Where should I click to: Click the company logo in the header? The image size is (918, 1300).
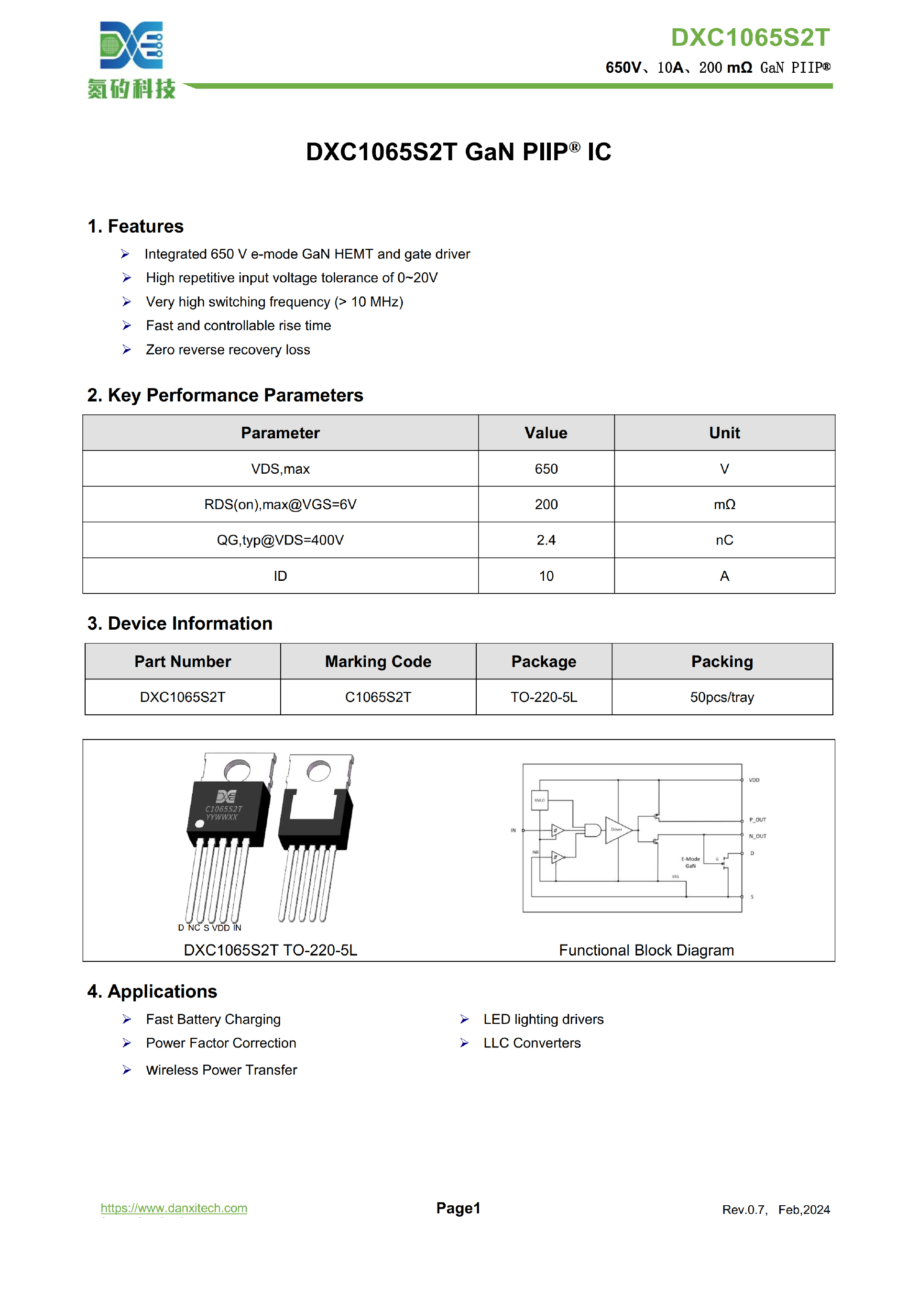coord(131,59)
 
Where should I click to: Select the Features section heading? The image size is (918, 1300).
coord(135,226)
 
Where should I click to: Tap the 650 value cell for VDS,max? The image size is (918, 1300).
coord(546,469)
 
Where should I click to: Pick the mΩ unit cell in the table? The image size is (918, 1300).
coord(724,504)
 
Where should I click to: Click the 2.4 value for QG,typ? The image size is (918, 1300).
coord(546,540)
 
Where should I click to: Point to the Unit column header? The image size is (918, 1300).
coord(724,433)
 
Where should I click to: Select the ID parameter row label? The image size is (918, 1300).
coord(280,577)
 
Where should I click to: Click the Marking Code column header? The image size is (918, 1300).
coord(378,661)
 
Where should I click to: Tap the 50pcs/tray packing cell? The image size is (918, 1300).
coord(721,697)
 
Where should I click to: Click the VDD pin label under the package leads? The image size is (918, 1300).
coord(221,927)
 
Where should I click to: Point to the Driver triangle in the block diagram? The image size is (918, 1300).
coord(617,830)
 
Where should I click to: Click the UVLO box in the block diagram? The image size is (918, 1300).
coord(539,800)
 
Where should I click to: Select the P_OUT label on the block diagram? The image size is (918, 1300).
coord(757,820)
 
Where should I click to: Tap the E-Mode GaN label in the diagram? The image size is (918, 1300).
coord(690,862)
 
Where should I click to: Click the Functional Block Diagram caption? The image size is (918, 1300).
coord(646,950)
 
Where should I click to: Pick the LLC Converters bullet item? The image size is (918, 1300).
coord(532,1043)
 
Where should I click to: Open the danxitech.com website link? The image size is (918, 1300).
coord(174,1208)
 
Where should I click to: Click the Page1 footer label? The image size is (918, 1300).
coord(458,1208)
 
